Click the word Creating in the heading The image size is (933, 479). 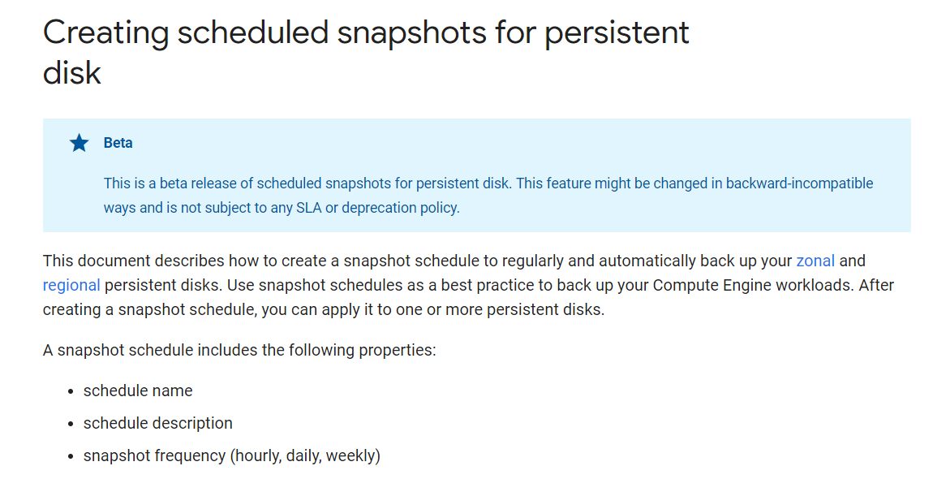point(106,33)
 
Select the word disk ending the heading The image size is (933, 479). point(72,73)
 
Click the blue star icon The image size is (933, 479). point(80,143)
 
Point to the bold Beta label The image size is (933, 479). point(118,143)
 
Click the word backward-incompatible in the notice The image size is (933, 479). point(799,183)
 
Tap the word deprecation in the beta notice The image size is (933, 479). point(378,209)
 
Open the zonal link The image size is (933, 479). point(815,261)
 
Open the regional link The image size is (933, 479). point(71,286)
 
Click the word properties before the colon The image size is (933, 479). point(397,351)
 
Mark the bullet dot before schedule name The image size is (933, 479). point(71,391)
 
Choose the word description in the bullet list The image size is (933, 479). point(195,424)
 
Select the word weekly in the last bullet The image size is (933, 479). point(353,456)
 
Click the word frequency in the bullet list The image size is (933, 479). point(191,456)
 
